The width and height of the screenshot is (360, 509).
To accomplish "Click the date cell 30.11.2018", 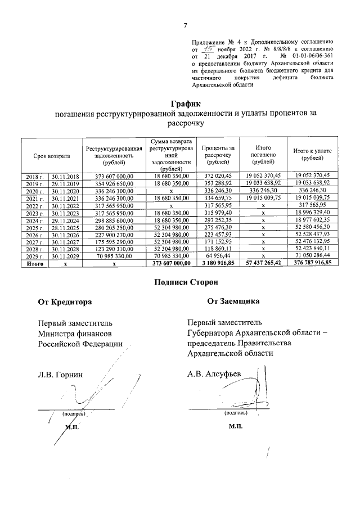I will pos(66,177).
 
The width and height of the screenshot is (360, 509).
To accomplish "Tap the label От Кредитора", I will pos(65,302).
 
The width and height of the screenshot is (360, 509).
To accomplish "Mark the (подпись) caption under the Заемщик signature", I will pos(235,412).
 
